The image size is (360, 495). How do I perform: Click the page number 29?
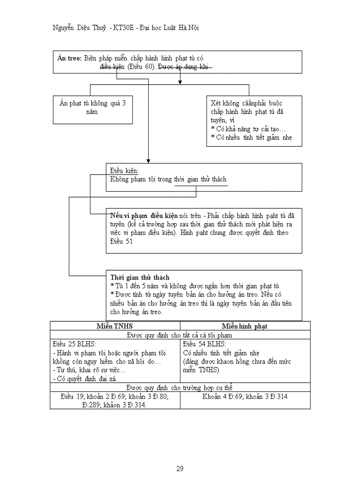[180, 469]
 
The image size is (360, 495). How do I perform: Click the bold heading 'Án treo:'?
[70, 58]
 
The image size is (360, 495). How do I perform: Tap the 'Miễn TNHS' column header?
[115, 326]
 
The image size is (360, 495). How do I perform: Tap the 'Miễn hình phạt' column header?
[244, 326]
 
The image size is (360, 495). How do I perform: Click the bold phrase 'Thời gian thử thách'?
[140, 278]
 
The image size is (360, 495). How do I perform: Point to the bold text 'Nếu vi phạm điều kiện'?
[144, 216]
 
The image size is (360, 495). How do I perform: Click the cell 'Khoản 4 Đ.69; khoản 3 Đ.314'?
[245, 396]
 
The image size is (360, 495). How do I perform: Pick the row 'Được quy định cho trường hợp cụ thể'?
[179, 387]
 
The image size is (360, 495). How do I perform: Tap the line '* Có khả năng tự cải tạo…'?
[248, 129]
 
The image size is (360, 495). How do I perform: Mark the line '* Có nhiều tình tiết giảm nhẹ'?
[251, 137]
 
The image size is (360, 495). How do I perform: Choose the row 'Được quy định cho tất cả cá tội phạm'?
[179, 335]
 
